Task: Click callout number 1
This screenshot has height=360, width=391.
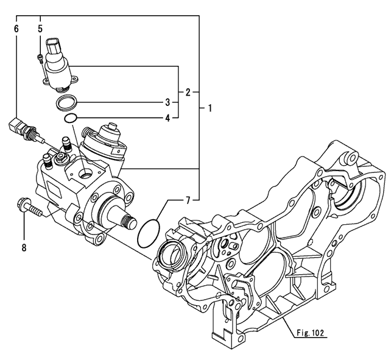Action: tap(210, 109)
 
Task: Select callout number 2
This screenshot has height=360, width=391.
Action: tap(188, 93)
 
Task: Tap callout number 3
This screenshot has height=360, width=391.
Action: tap(167, 102)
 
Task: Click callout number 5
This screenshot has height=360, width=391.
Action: tap(40, 28)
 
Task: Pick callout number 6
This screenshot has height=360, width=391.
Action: tap(17, 28)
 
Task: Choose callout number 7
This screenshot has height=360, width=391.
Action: tap(188, 199)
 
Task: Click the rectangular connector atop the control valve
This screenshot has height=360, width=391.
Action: tap(55, 48)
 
